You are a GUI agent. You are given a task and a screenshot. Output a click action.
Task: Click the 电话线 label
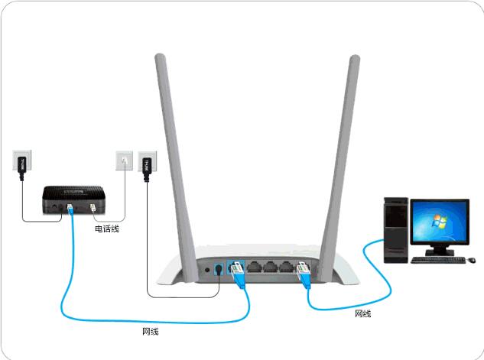point(106,229)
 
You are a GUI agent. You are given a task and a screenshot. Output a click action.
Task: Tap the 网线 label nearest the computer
point(364,313)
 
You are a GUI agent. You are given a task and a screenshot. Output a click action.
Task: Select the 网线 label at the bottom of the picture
point(151,332)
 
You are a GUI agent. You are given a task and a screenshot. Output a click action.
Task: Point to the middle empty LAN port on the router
point(269,269)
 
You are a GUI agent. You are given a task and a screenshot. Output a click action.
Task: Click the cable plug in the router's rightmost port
point(303,271)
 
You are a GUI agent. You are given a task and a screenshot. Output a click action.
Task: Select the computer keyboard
point(437,260)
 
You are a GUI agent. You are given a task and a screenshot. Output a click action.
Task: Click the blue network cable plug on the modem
point(70,209)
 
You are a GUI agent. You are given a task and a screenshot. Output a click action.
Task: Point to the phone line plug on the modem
point(93,209)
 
